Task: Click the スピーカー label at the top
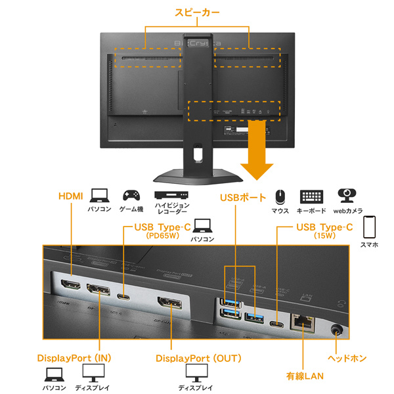click(x=197, y=12)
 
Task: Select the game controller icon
click(x=131, y=195)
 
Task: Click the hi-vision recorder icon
click(x=171, y=196)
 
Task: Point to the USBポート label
click(x=243, y=197)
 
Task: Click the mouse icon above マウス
click(x=280, y=196)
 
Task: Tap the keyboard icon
click(x=313, y=196)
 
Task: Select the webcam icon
click(x=347, y=195)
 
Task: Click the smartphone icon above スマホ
click(x=369, y=227)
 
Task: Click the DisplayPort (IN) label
click(x=73, y=359)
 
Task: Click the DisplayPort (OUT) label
click(x=198, y=359)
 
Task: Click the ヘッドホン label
click(x=347, y=359)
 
